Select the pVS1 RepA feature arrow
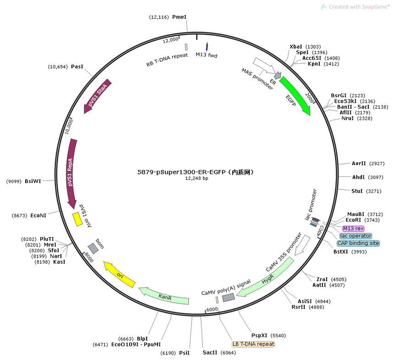(x=71, y=174)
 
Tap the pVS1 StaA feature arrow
(x=97, y=95)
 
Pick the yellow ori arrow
(x=120, y=274)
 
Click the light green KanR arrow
(x=164, y=296)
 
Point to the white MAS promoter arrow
(x=264, y=66)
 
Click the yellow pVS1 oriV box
(x=77, y=219)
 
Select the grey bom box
(x=93, y=249)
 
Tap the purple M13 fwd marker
(x=207, y=47)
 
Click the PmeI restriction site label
(x=179, y=17)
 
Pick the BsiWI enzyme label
(x=33, y=181)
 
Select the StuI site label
(x=357, y=191)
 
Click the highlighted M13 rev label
(x=353, y=228)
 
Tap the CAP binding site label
(x=358, y=243)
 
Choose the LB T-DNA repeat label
(x=253, y=344)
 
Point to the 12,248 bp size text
(x=197, y=178)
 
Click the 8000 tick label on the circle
(x=89, y=257)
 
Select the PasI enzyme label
(x=77, y=66)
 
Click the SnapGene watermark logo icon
(x=323, y=7)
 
